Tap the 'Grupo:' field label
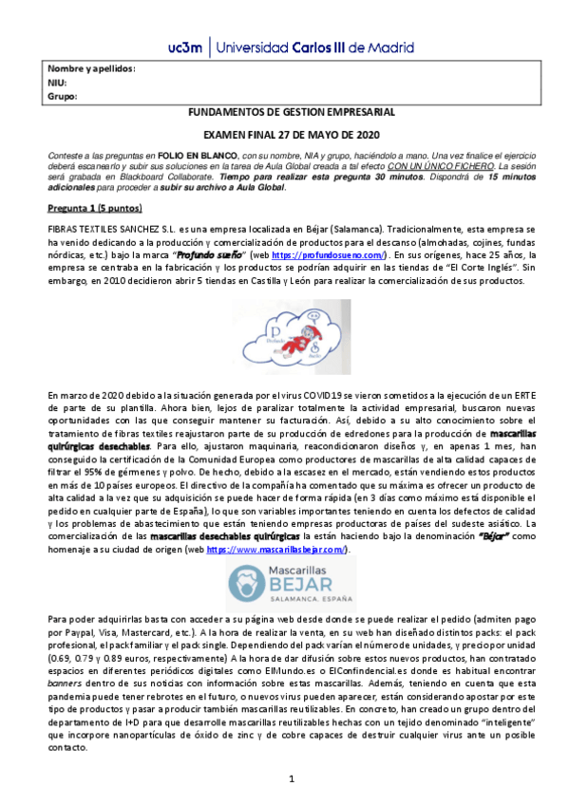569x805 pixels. coord(62,96)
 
